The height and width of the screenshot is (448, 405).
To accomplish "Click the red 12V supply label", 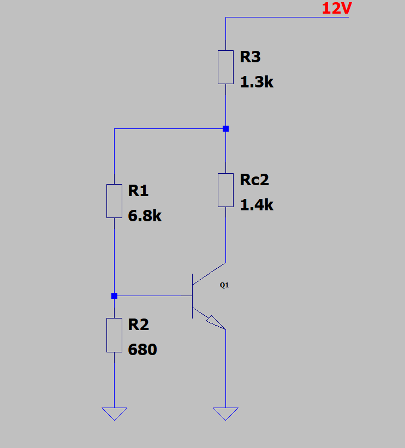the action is tap(337, 8).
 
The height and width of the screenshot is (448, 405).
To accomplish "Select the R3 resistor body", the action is tap(225, 67).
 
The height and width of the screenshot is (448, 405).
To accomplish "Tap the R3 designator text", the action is tap(251, 57).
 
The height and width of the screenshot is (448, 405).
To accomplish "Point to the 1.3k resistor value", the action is tap(257, 82).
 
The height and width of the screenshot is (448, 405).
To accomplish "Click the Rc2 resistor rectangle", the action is tap(225, 190).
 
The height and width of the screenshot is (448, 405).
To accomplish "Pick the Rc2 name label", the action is tap(254, 180).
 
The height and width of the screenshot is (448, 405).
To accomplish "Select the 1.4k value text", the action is tap(257, 205).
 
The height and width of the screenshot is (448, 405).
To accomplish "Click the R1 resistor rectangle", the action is tap(114, 201).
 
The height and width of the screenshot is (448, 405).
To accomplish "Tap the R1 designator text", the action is tap(138, 191).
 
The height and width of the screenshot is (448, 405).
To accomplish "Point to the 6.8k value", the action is tap(145, 216).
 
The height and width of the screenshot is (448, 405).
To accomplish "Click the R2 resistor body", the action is tap(114, 335).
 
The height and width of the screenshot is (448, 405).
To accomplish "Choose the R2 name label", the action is tap(139, 325).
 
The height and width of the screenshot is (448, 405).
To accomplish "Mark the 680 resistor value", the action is tap(142, 350).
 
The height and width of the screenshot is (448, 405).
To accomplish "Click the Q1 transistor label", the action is tap(224, 285).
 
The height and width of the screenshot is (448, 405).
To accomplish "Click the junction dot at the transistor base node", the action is tap(114, 296).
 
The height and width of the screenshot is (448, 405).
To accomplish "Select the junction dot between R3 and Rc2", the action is tap(225, 128).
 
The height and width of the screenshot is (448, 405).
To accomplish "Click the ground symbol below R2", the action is tap(114, 414).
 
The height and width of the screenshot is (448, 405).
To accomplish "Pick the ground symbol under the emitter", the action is tap(225, 414).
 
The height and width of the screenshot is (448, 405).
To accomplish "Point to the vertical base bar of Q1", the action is tap(192, 296).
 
